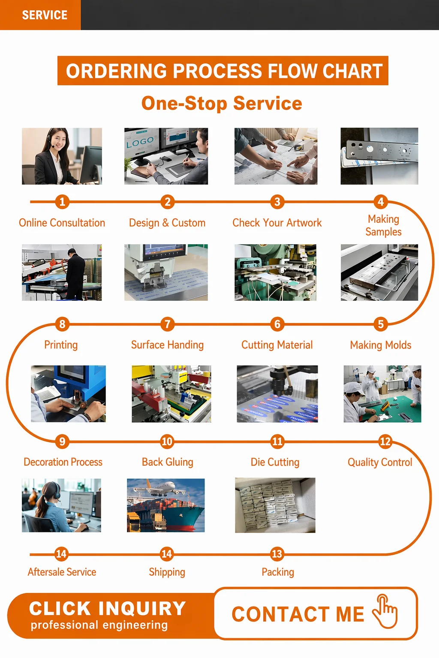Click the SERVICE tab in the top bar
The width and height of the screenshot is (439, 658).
click(x=40, y=15)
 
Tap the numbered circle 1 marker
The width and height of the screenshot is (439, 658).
click(x=62, y=202)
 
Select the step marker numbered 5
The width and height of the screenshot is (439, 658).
click(x=381, y=324)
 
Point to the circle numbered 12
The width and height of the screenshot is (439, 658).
click(x=385, y=442)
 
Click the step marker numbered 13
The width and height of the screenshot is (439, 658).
click(x=277, y=554)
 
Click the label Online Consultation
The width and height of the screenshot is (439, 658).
click(x=62, y=223)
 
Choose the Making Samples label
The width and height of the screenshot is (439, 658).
click(x=383, y=225)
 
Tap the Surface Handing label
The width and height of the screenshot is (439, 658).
click(x=167, y=345)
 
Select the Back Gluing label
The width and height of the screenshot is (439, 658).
click(x=168, y=462)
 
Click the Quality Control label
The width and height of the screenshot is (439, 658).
click(x=380, y=462)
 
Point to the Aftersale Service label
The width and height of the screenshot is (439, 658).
click(x=62, y=572)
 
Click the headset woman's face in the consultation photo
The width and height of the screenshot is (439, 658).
click(x=58, y=140)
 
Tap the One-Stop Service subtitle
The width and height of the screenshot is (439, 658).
click(x=222, y=103)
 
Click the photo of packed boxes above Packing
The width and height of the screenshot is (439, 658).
click(x=275, y=505)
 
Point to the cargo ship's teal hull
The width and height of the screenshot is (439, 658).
click(x=188, y=520)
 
